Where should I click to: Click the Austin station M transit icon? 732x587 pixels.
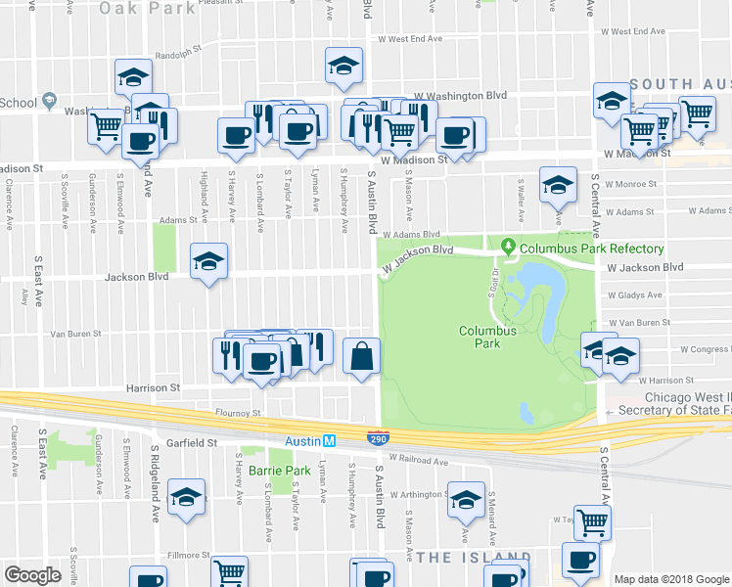pos(331,441)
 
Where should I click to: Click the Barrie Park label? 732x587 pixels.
pos(272,471)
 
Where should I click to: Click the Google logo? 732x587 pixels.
pos(32,575)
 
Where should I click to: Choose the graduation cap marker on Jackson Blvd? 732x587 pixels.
pos(208,261)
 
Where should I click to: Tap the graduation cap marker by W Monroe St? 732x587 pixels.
pos(558,183)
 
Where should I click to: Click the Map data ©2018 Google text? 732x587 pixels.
pos(670,579)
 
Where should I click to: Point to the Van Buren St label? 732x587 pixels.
pos(76,334)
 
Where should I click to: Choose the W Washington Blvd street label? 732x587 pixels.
pos(460,95)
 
